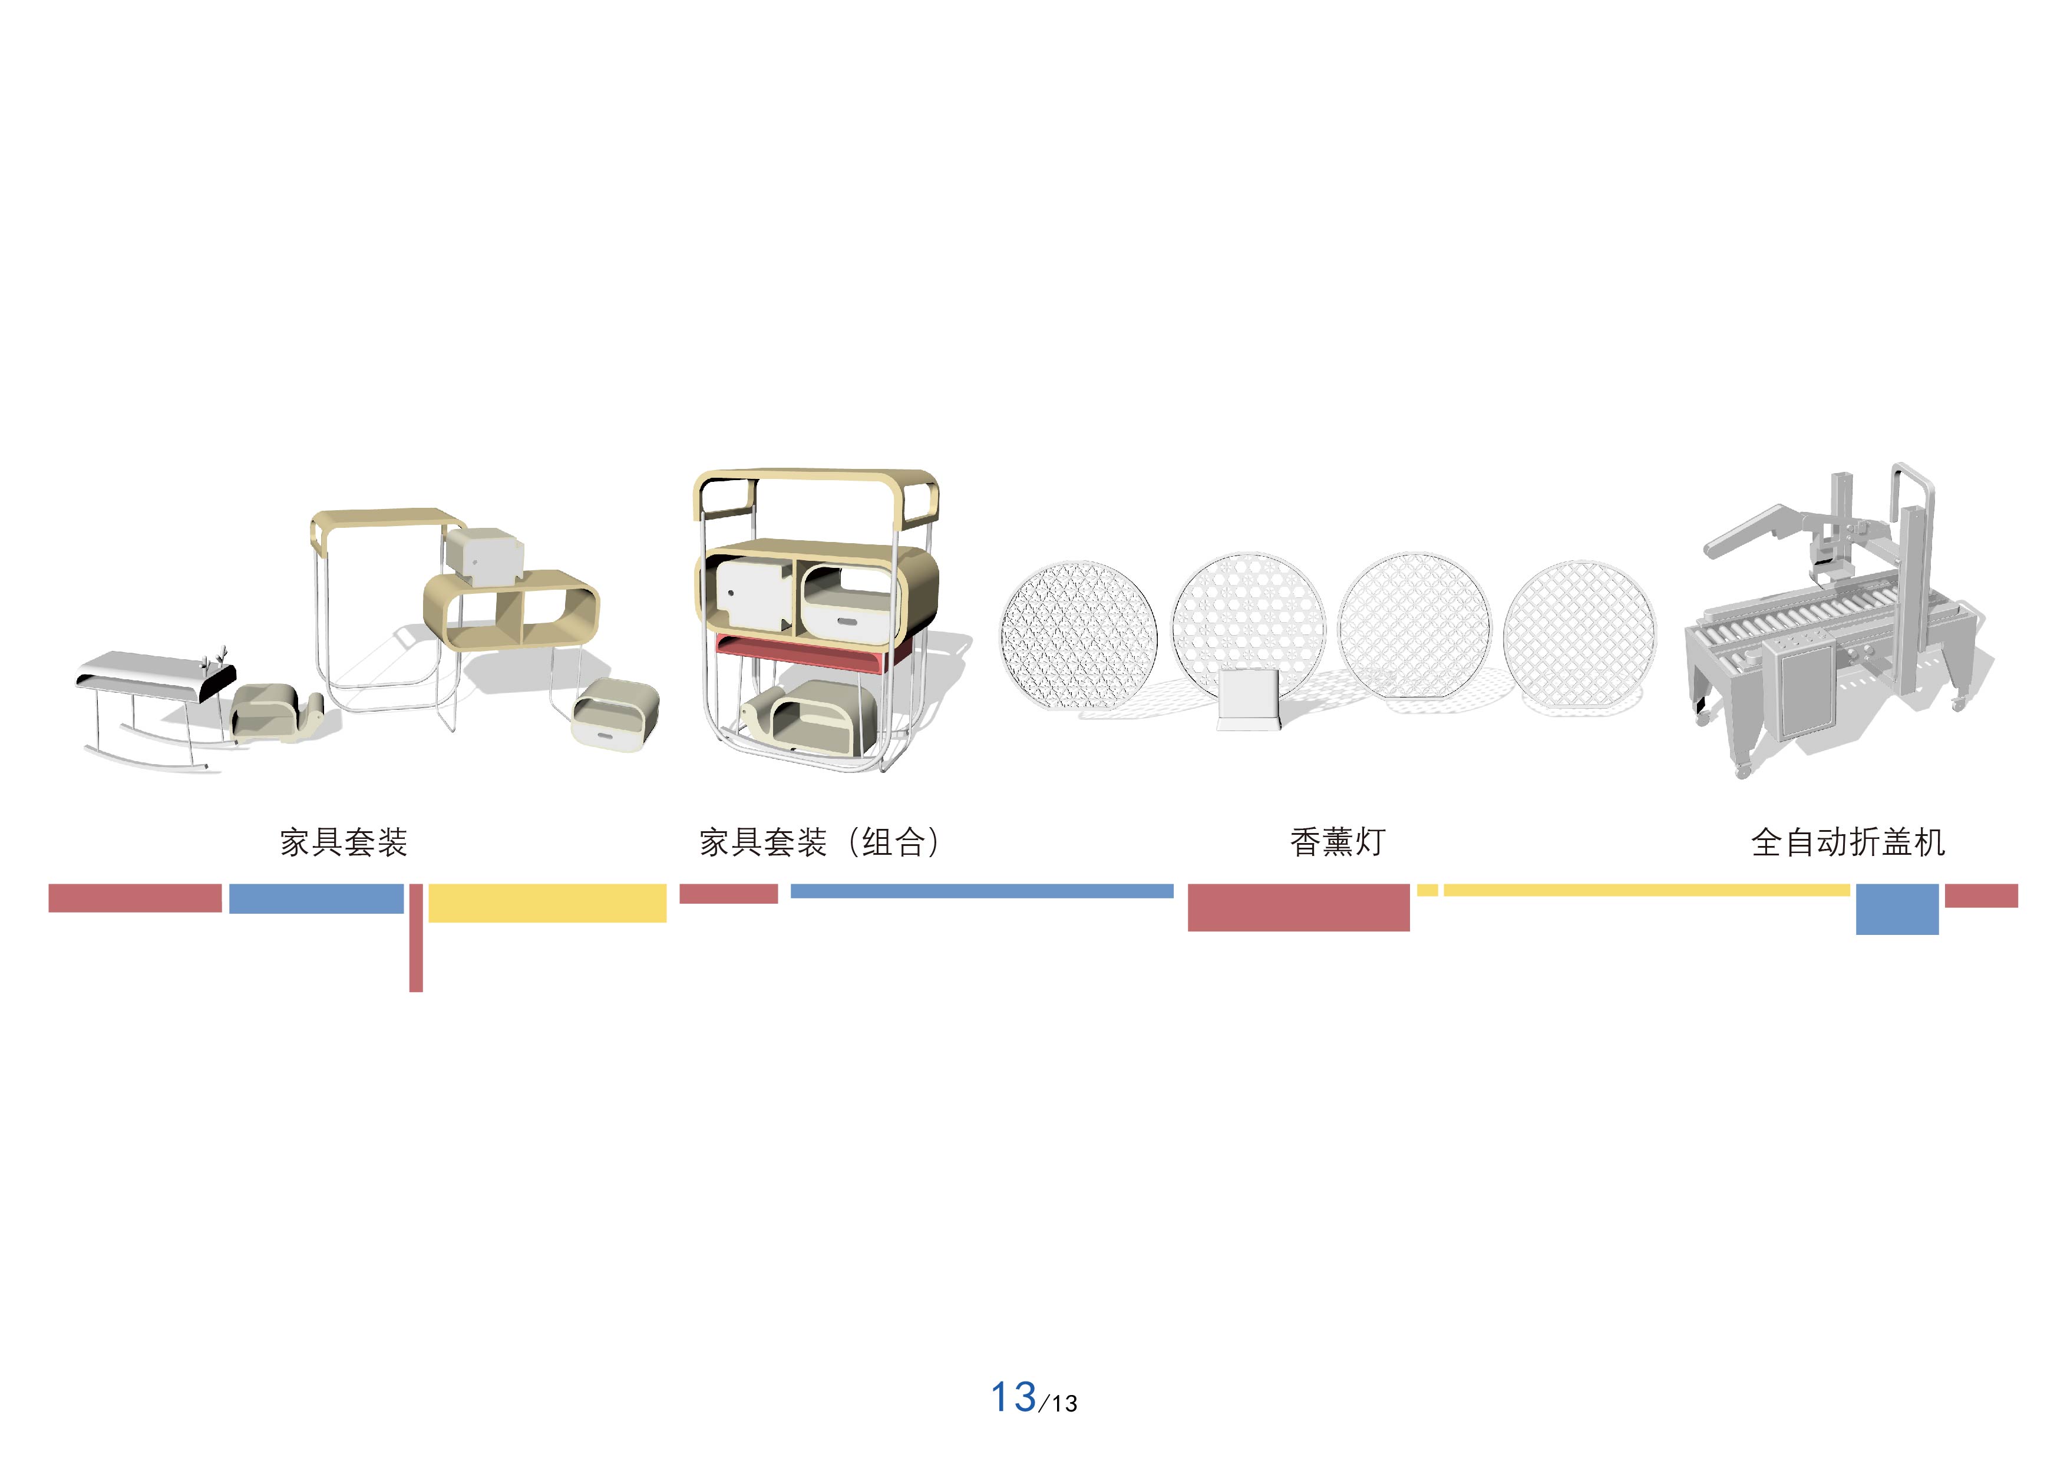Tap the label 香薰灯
(x=1337, y=842)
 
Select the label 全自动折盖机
(x=1848, y=842)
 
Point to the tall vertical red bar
(x=416, y=938)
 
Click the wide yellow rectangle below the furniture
(x=547, y=903)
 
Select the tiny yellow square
(x=1427, y=890)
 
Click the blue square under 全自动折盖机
(x=1897, y=909)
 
